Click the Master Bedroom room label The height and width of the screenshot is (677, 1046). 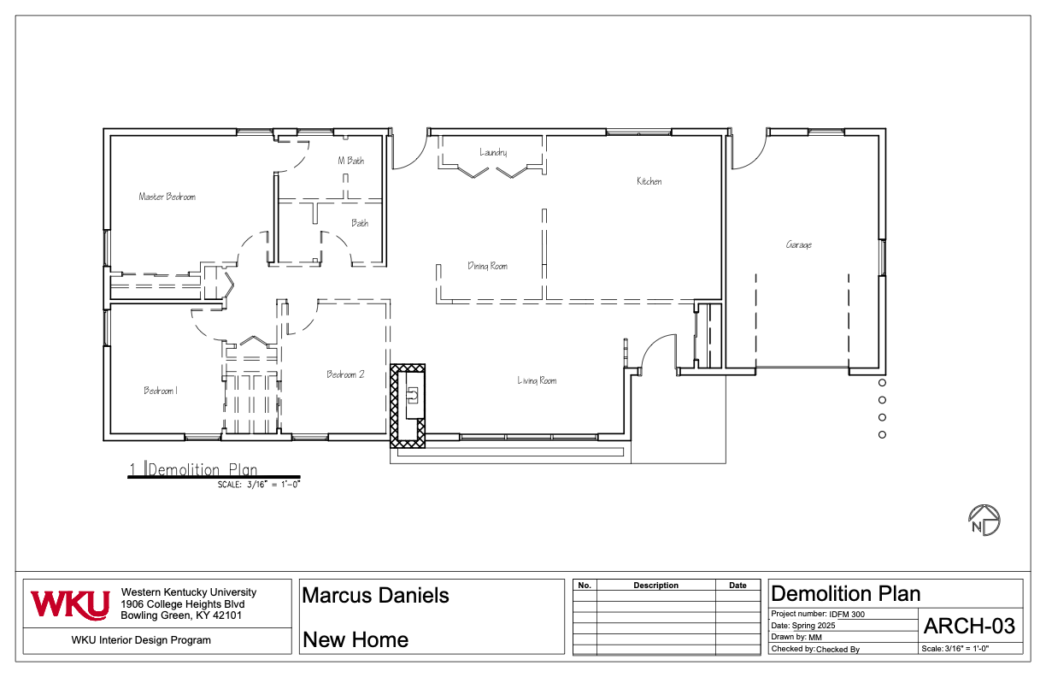tap(167, 197)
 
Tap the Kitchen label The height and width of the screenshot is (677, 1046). tap(649, 181)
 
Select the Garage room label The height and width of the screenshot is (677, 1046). tap(799, 245)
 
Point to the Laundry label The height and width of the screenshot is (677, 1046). tap(493, 152)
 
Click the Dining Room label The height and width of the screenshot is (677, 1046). tap(487, 266)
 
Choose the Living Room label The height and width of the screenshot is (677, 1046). tap(537, 380)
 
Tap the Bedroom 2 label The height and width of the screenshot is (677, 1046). tap(345, 374)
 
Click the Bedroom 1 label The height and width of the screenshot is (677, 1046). tap(160, 391)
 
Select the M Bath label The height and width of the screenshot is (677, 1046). tap(350, 161)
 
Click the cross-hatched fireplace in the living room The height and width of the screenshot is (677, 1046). tap(408, 405)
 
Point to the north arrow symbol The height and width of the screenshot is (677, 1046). tap(984, 520)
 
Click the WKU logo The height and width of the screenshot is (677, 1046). tap(70, 603)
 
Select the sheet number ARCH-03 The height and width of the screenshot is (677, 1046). tap(969, 627)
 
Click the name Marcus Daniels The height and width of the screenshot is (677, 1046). tap(376, 595)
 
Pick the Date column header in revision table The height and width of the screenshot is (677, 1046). tap(737, 586)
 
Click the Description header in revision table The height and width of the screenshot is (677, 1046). tap(655, 586)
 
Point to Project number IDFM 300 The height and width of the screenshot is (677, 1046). tap(822, 614)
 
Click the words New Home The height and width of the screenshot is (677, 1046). tap(356, 639)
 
